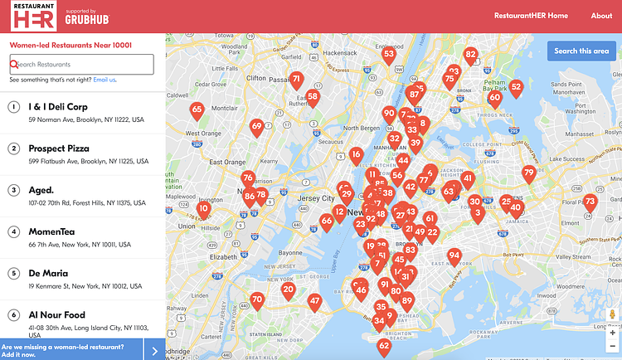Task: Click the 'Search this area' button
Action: pos(581,51)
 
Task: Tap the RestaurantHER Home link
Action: pos(531,16)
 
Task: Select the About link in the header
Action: pos(601,16)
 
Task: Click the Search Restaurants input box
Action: pos(82,64)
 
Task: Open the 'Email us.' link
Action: pos(104,80)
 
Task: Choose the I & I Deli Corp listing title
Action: pos(58,107)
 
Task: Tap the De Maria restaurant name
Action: pos(48,273)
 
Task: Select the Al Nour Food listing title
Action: pos(56,315)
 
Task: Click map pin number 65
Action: pos(197,109)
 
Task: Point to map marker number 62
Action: pos(383,346)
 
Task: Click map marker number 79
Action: pos(529,173)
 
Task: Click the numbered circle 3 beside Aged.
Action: pos(14,190)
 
